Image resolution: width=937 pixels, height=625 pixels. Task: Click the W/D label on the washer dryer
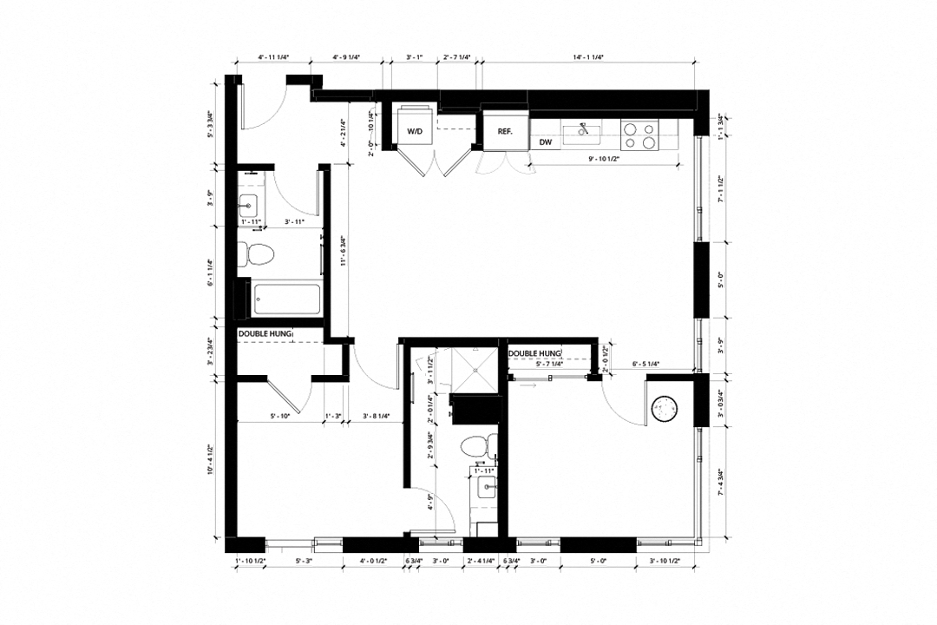pyautogui.click(x=415, y=131)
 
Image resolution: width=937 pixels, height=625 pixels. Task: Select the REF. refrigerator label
pyautogui.click(x=505, y=131)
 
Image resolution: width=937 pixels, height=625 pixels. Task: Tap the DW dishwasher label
pyautogui.click(x=546, y=141)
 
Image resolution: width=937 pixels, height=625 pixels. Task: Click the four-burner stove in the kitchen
pyautogui.click(x=639, y=133)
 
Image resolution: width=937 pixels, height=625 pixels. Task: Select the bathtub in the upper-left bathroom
pyautogui.click(x=285, y=299)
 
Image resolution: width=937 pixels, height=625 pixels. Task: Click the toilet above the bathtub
pyautogui.click(x=258, y=254)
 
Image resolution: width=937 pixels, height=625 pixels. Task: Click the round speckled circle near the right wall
pyautogui.click(x=666, y=409)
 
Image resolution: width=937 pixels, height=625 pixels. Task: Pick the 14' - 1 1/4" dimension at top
pyautogui.click(x=587, y=57)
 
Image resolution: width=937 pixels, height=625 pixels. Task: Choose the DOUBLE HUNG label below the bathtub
pyautogui.click(x=265, y=333)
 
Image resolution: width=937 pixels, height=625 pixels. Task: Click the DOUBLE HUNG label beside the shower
pyautogui.click(x=534, y=353)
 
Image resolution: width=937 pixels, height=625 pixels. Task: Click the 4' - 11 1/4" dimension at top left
pyautogui.click(x=273, y=57)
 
